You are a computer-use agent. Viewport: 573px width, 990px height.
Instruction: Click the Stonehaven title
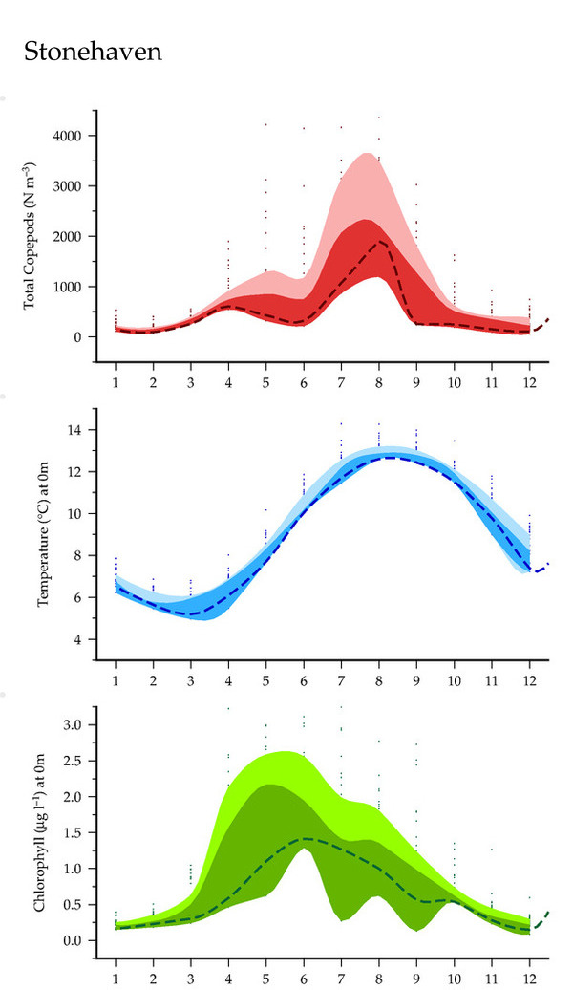tap(92, 53)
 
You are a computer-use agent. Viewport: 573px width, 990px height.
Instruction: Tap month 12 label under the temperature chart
tap(529, 679)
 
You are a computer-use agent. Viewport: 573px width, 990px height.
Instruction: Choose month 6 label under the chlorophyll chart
tap(304, 979)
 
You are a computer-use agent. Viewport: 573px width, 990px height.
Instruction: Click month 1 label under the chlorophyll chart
tap(116, 979)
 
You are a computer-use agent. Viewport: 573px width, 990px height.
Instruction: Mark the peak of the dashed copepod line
tap(380, 241)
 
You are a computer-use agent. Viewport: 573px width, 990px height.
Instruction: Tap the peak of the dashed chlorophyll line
tap(304, 838)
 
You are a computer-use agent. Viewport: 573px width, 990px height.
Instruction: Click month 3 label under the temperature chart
tap(191, 679)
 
